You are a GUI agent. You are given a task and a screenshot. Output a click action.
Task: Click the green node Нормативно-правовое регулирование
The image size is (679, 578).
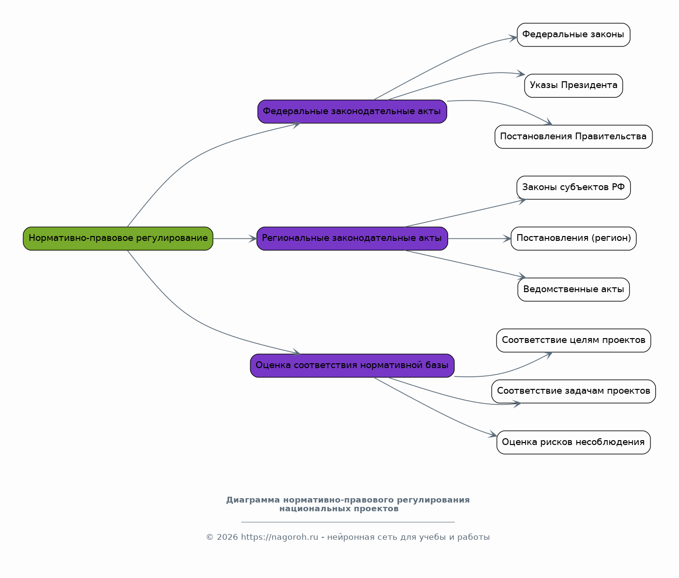tap(118, 238)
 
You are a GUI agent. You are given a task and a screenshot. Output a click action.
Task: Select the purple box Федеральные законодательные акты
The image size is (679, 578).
tap(352, 112)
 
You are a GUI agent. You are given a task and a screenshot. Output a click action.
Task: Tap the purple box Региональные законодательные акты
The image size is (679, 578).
tap(352, 238)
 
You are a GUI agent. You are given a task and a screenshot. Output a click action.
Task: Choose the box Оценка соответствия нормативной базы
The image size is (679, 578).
tap(352, 366)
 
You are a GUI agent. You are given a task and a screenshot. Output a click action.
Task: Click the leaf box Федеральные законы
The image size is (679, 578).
tap(573, 35)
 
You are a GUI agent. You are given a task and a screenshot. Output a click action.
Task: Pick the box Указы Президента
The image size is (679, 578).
tap(573, 86)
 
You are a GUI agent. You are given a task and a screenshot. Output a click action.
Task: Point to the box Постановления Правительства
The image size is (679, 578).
tap(573, 137)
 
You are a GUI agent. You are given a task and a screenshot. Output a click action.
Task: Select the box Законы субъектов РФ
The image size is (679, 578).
tap(573, 188)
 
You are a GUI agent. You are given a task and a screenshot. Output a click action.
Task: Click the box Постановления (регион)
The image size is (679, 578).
tap(573, 238)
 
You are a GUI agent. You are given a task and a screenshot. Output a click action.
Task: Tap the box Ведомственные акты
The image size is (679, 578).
tap(573, 290)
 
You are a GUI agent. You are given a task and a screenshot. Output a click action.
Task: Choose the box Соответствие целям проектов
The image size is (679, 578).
tap(573, 341)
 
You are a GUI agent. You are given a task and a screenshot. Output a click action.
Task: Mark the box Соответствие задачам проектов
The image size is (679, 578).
tap(573, 392)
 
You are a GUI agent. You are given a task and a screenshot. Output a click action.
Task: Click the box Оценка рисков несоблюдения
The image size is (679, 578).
tap(573, 443)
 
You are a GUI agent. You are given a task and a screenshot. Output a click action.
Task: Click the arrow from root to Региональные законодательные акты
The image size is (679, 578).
tap(235, 238)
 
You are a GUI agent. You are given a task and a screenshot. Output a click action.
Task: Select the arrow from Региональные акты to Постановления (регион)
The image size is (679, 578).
tap(480, 238)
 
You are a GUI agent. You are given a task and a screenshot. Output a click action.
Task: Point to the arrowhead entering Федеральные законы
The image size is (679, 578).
tap(513, 38)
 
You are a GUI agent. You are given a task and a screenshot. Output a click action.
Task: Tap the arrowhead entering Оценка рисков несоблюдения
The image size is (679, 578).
tap(493, 434)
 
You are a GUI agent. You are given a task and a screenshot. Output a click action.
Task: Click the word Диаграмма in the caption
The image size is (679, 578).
tap(253, 500)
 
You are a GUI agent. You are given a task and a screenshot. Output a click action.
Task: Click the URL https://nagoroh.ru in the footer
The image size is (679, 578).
tap(280, 537)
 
